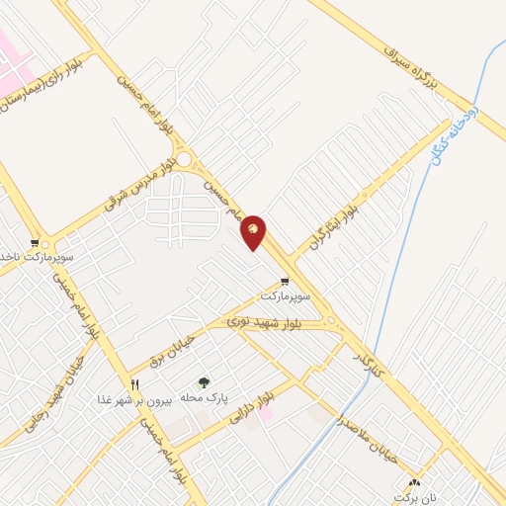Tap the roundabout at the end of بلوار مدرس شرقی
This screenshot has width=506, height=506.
pyautogui.click(x=182, y=158)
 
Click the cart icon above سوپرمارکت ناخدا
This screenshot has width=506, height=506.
pyautogui.click(x=35, y=242)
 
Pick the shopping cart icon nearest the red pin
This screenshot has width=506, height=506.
pyautogui.click(x=285, y=282)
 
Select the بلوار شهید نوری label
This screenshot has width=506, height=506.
pyautogui.click(x=269, y=321)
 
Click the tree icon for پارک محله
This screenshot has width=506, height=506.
pyautogui.click(x=204, y=382)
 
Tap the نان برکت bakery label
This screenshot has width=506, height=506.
pyautogui.click(x=414, y=495)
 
